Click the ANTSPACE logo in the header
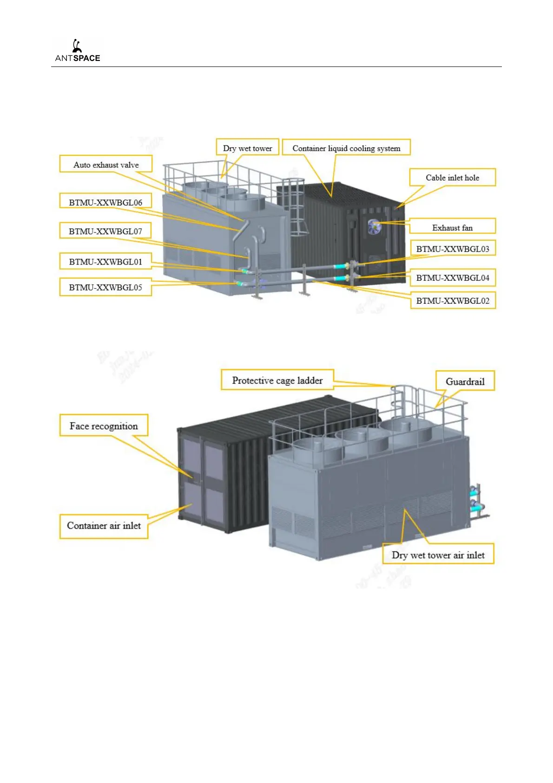[x=78, y=51]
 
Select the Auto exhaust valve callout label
[x=106, y=165]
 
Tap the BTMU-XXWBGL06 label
[x=105, y=202]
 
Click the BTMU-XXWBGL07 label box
[x=105, y=231]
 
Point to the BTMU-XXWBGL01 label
[x=105, y=262]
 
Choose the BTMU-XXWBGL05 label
[x=105, y=287]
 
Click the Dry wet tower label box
[x=247, y=148]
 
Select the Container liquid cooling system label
[x=346, y=148]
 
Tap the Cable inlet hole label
[x=452, y=178]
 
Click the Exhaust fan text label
[x=452, y=228]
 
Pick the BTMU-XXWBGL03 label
[x=453, y=249]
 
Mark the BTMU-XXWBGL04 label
[x=453, y=278]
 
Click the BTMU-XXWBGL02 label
[x=453, y=301]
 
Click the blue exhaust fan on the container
[x=374, y=226]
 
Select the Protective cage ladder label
[x=277, y=380]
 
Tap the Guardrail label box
[x=465, y=382]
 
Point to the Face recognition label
[x=104, y=426]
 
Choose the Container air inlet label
[x=104, y=526]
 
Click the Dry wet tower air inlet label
[x=438, y=555]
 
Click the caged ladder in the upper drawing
[x=296, y=209]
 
